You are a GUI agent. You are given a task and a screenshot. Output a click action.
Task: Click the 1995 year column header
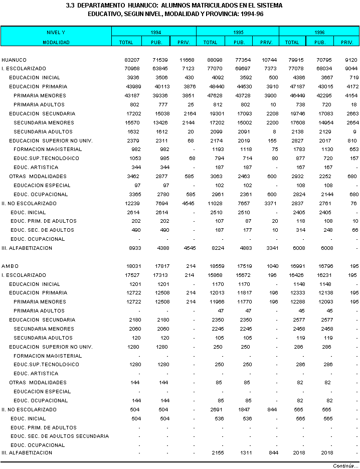tap(239, 32)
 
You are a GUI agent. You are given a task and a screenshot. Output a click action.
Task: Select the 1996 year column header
tap(319, 32)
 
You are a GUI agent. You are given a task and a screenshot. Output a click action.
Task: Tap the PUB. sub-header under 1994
tap(156, 43)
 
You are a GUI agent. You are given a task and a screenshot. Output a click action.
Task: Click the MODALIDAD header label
tap(56, 43)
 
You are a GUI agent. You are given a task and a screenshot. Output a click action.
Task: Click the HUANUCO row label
tap(14, 60)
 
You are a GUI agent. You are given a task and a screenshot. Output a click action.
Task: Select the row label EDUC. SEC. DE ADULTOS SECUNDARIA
tap(60, 436)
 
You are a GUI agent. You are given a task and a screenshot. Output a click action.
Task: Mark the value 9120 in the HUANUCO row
tap(352, 60)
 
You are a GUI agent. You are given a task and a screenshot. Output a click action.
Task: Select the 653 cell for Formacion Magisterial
tap(354, 149)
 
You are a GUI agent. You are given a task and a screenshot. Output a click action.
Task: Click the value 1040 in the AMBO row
tap(266, 266)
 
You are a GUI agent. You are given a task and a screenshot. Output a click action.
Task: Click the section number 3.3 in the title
tap(70, 6)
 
